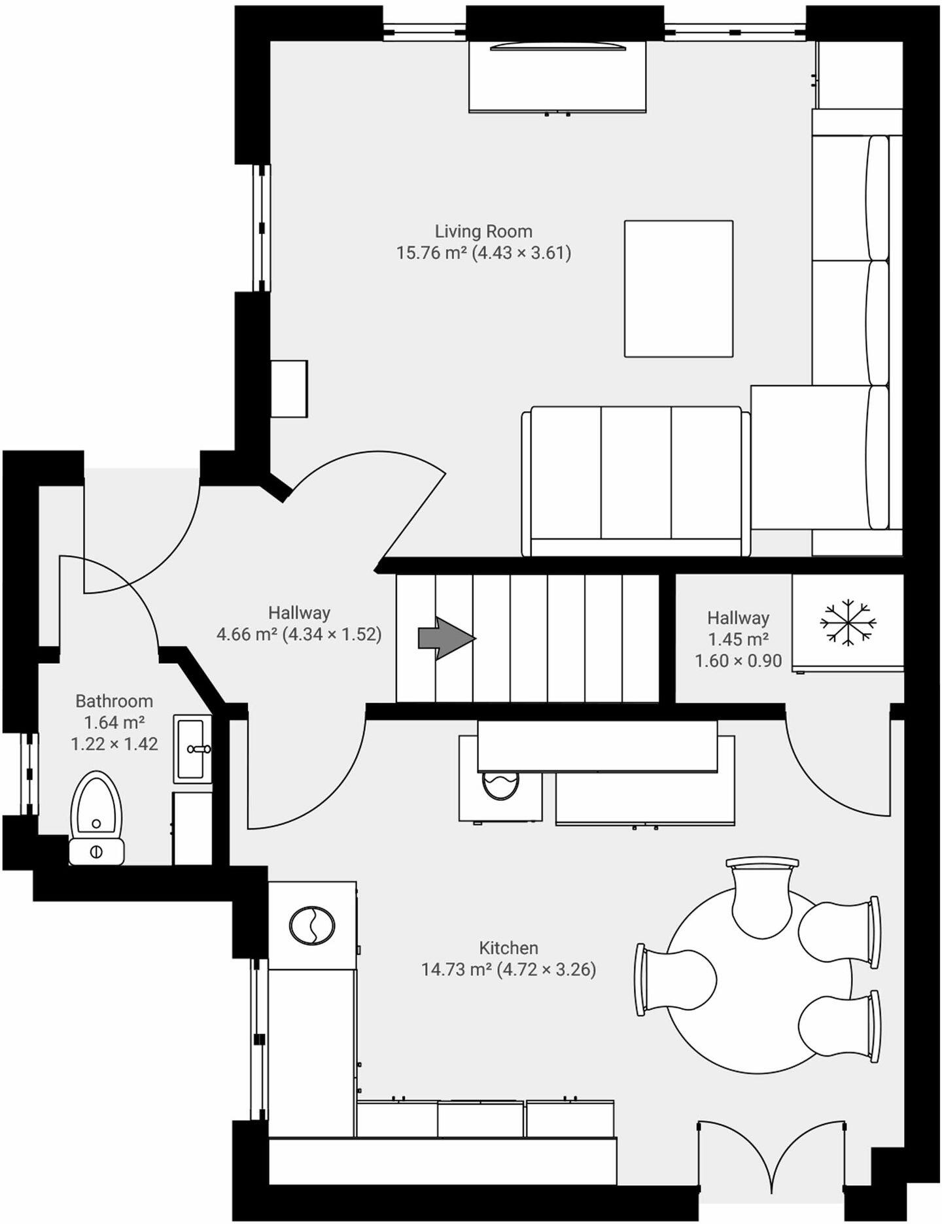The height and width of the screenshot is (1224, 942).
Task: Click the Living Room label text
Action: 483,231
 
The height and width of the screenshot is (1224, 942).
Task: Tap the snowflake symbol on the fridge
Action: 848,621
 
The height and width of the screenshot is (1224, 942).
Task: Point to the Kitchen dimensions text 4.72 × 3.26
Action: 546,969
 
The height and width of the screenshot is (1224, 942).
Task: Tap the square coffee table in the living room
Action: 678,288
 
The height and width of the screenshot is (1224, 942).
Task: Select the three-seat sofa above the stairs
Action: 636,481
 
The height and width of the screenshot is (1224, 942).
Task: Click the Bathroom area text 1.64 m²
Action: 114,722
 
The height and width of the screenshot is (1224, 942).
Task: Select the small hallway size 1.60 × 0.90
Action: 738,661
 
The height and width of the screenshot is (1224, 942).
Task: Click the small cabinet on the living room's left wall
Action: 288,388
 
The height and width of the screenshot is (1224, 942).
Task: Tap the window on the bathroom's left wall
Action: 29,773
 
